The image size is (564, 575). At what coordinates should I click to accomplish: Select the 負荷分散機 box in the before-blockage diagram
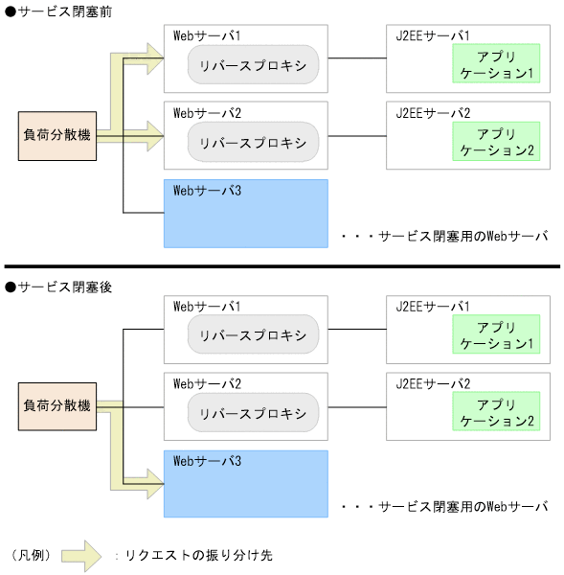pos(57,135)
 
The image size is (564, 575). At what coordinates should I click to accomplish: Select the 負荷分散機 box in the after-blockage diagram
pos(57,406)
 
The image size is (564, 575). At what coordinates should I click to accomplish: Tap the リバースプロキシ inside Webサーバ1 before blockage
pos(253,64)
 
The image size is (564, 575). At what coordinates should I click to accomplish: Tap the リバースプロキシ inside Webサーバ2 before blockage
pos(253,142)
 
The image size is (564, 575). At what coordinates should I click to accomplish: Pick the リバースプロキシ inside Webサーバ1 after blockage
pos(253,335)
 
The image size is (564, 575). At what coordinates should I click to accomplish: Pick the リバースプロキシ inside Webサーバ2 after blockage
pos(253,413)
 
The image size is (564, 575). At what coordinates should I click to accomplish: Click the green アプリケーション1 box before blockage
pos(496,64)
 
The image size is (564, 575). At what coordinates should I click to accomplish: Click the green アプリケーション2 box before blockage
pos(496,142)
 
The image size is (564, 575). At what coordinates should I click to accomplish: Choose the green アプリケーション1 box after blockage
pos(496,335)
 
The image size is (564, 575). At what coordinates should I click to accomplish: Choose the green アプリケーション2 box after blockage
pos(496,413)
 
